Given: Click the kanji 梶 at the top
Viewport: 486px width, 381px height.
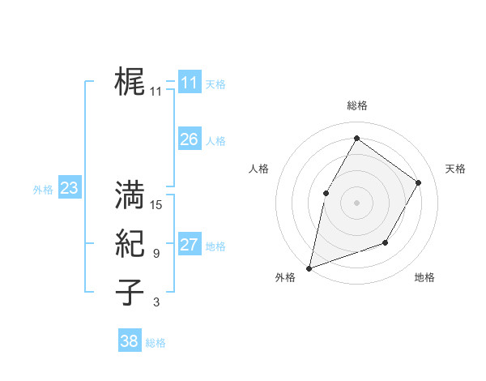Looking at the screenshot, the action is pyautogui.click(x=130, y=82).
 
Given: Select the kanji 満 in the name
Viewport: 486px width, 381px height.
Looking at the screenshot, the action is pyautogui.click(x=130, y=195).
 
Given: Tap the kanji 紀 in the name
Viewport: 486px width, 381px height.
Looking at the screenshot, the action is pyautogui.click(x=130, y=244).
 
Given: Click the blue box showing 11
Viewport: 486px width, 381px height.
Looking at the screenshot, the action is pyautogui.click(x=189, y=82).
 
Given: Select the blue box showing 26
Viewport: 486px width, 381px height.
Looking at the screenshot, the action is pyautogui.click(x=189, y=139).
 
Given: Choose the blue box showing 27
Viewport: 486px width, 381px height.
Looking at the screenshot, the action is pyautogui.click(x=189, y=245).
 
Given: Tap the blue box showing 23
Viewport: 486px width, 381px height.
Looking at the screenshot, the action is pyautogui.click(x=69, y=189).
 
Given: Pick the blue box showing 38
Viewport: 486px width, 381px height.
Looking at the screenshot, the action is pyautogui.click(x=129, y=341).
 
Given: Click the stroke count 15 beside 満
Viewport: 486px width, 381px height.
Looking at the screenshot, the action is pyautogui.click(x=156, y=205).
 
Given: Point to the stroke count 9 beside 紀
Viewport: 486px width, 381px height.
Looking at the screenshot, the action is pyautogui.click(x=156, y=254).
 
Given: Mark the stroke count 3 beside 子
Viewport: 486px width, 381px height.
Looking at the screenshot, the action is pyautogui.click(x=156, y=302).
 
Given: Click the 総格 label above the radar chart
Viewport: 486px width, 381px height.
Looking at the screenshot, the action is pyautogui.click(x=356, y=105).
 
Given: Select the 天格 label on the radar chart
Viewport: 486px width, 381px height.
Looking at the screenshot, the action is pyautogui.click(x=455, y=169).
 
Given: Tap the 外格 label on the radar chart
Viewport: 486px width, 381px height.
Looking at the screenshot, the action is pyautogui.click(x=285, y=277).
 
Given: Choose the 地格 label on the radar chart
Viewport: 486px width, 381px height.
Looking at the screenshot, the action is pyautogui.click(x=424, y=277).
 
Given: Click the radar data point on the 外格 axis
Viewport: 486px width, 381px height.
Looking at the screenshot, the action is pyautogui.click(x=309, y=268).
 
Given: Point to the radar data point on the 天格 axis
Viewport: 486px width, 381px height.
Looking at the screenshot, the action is pyautogui.click(x=418, y=182).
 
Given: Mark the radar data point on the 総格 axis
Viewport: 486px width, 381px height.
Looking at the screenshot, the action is pyautogui.click(x=356, y=138).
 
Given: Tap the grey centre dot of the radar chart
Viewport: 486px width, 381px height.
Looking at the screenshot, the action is pyautogui.click(x=356, y=202).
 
